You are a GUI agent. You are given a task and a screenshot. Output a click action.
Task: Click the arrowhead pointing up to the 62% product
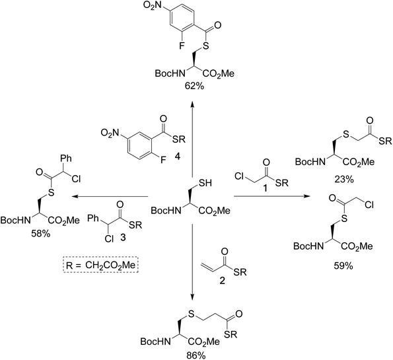coord(193,102)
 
